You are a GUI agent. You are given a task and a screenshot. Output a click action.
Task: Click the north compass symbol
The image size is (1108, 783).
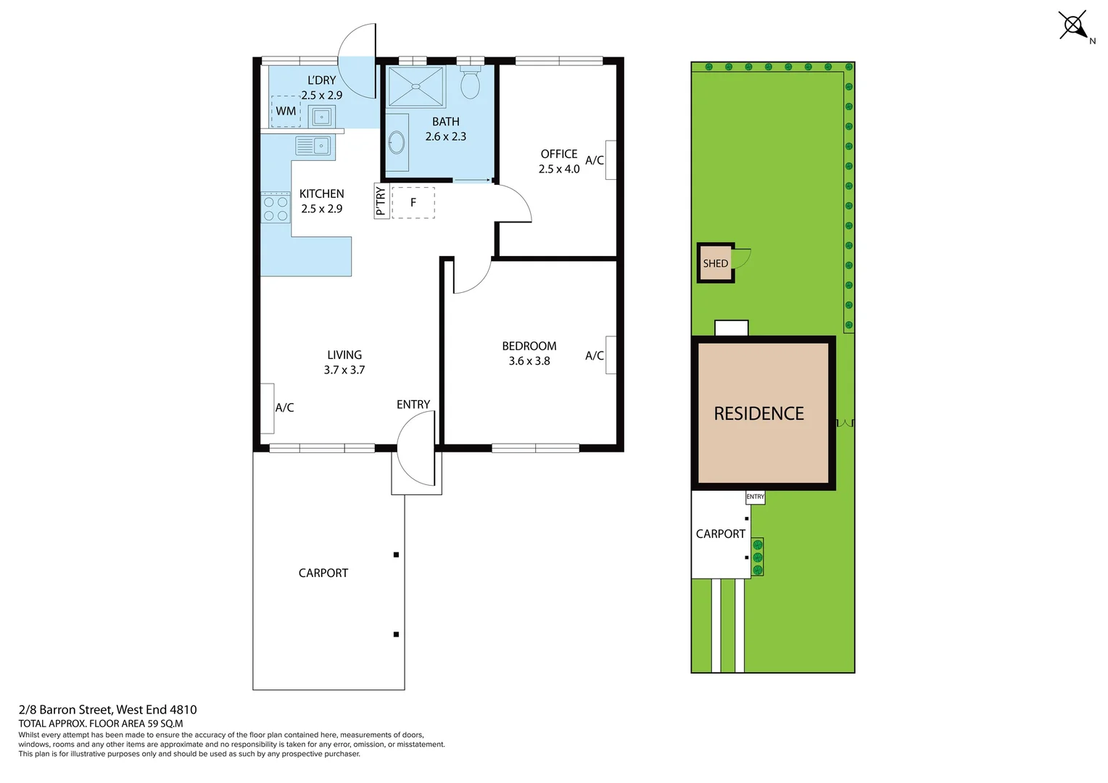(1074, 26)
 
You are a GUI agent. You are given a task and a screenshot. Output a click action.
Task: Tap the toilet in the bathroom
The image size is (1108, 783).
(471, 83)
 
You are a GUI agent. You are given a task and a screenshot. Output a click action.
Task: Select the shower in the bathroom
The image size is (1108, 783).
(415, 87)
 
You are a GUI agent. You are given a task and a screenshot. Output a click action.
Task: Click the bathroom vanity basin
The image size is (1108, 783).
(397, 142)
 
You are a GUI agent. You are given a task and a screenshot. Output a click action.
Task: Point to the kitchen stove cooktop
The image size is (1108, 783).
(276, 207)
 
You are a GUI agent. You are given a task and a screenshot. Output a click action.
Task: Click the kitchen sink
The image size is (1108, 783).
(313, 146)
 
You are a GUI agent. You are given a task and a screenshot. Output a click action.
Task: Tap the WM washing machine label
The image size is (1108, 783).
(286, 111)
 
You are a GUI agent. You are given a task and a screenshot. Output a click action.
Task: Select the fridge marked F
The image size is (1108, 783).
(413, 202)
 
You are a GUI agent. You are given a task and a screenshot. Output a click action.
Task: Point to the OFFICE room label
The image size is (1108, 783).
(559, 154)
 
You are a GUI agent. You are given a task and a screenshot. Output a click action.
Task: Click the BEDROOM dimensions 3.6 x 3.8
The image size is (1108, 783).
(529, 361)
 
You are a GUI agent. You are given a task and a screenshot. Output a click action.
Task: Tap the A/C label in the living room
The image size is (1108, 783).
(284, 407)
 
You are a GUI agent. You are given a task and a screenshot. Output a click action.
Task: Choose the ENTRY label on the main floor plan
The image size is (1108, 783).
(413, 405)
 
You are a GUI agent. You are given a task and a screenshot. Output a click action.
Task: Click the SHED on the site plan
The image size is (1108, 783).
(716, 263)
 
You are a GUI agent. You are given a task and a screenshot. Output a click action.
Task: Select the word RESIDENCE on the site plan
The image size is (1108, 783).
(759, 413)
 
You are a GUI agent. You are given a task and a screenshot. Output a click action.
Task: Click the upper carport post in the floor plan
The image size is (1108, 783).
(396, 555)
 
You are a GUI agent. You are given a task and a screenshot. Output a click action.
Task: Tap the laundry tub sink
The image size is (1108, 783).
(321, 116)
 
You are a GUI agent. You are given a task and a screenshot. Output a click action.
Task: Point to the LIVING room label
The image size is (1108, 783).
(344, 355)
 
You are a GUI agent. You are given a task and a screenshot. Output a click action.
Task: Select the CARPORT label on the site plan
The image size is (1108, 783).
(720, 534)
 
